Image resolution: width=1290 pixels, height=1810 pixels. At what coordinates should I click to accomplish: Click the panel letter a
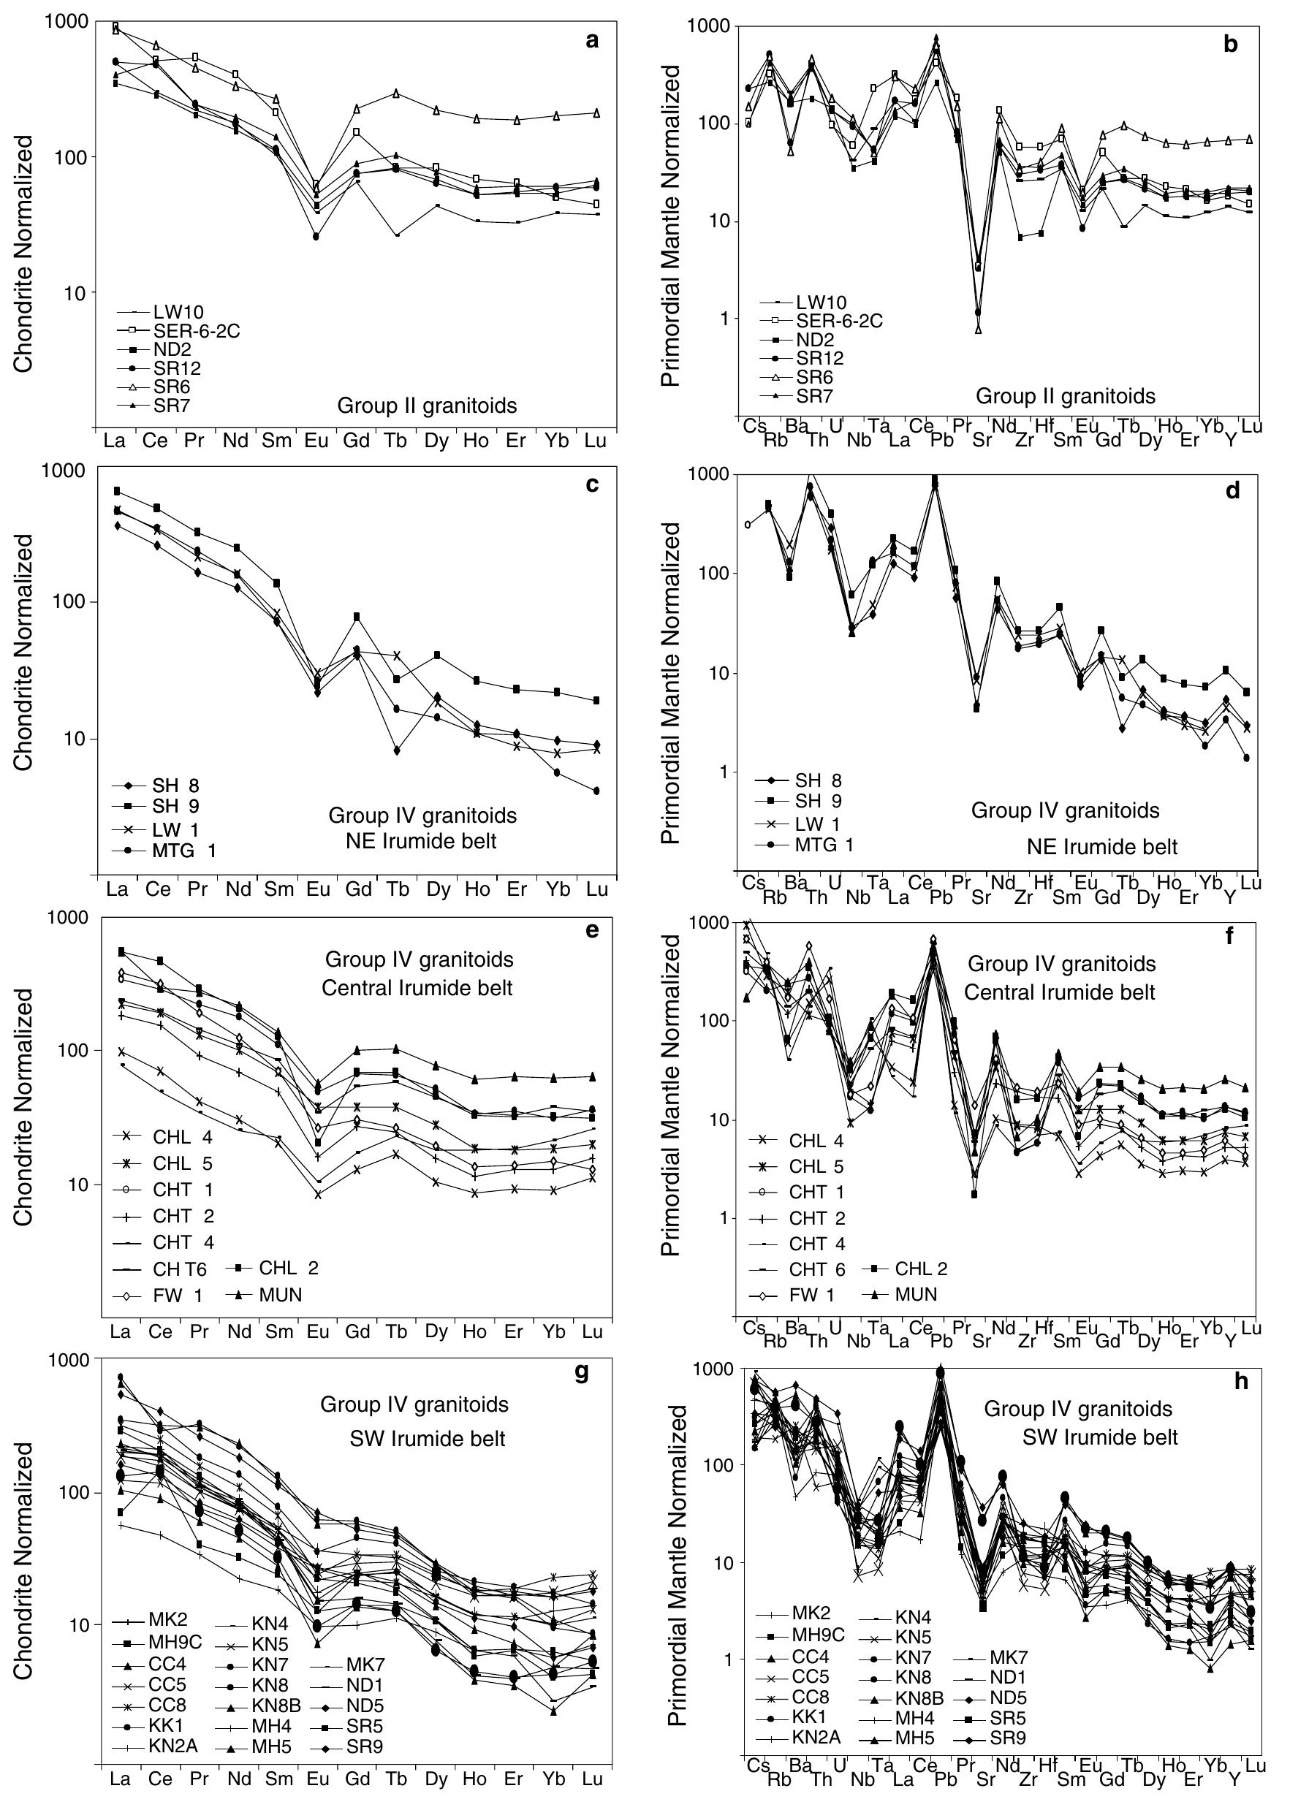click(x=591, y=40)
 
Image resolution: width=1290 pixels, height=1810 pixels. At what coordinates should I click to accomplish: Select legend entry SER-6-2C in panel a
click(x=195, y=331)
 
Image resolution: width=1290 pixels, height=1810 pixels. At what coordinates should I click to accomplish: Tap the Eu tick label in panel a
click(x=316, y=441)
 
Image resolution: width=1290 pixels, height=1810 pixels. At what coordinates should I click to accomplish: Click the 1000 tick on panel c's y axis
click(x=70, y=470)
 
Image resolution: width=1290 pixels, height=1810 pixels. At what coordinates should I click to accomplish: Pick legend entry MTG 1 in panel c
click(x=183, y=851)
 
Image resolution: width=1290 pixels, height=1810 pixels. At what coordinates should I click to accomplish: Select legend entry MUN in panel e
click(x=280, y=1295)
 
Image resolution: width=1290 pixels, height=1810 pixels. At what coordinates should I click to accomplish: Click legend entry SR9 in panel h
click(x=1008, y=1738)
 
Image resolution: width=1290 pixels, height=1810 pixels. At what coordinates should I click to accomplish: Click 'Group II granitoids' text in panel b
click(x=1064, y=395)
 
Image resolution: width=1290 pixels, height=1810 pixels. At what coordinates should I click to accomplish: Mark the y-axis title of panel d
click(x=672, y=683)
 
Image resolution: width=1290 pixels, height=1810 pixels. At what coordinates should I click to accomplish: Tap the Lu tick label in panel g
click(x=592, y=1779)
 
